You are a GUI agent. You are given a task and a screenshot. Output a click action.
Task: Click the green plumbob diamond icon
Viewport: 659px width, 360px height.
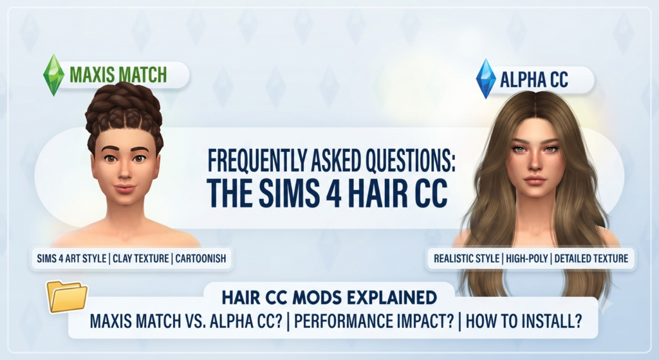coord(54,75)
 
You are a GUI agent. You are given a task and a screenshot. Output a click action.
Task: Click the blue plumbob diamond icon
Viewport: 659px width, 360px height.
coord(486,79)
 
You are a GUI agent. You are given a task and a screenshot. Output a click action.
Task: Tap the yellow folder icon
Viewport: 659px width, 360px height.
coord(67,296)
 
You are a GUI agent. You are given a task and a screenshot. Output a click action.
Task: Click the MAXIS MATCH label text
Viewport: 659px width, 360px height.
coord(118,75)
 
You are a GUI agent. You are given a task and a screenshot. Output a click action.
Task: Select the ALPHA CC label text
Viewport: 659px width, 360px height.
coord(534,79)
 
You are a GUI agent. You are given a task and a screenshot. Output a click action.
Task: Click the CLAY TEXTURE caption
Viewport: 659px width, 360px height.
coord(141,258)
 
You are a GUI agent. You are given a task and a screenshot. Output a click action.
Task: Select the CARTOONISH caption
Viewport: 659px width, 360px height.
coord(201,258)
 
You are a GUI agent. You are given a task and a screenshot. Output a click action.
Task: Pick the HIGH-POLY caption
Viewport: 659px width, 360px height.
coord(527,258)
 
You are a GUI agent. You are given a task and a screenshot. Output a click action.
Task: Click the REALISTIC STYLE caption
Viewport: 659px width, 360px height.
coord(466,258)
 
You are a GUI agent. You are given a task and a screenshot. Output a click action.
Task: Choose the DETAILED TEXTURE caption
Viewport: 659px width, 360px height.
coord(591,258)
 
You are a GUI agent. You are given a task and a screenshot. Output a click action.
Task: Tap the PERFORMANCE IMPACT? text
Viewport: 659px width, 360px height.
coord(374,321)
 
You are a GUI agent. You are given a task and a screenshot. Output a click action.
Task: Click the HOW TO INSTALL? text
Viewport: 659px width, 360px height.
coord(524,321)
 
